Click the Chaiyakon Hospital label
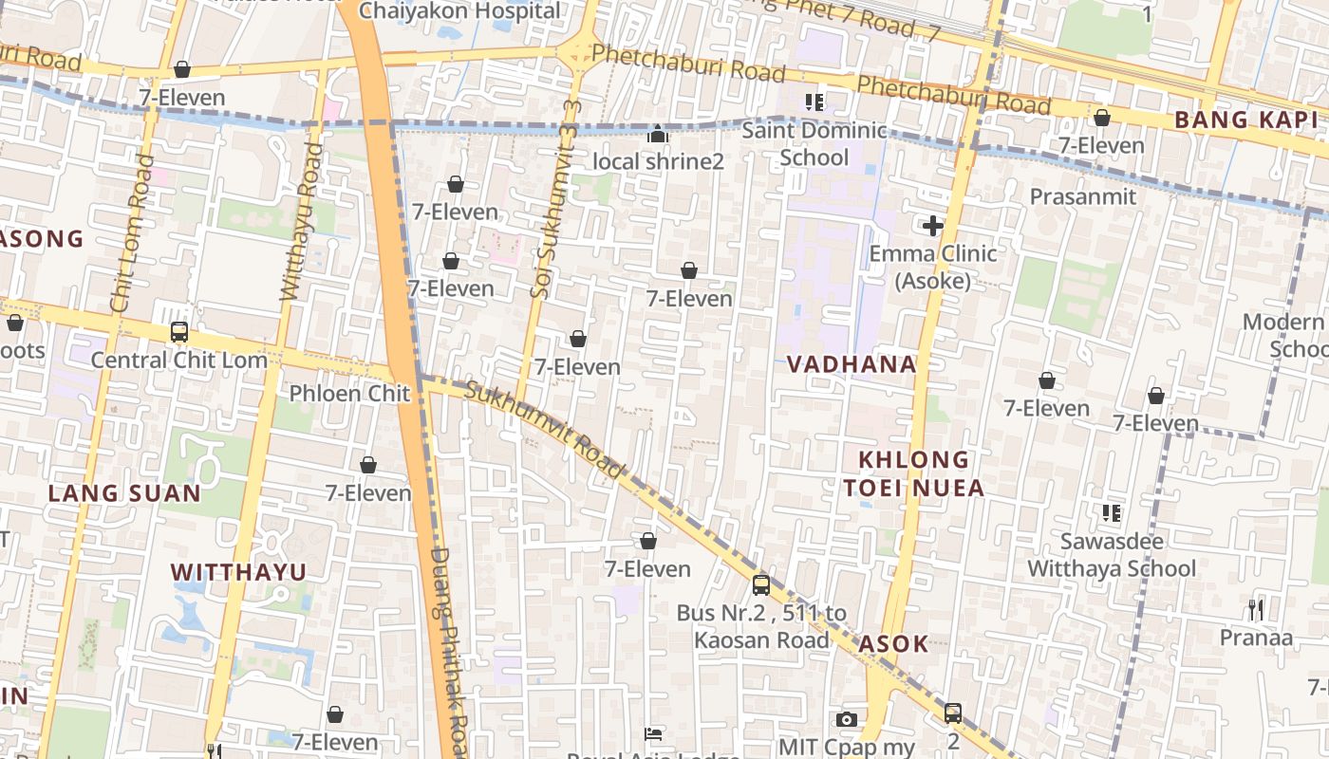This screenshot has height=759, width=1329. [460, 11]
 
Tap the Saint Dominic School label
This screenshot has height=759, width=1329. [814, 143]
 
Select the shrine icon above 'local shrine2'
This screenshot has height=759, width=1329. [657, 135]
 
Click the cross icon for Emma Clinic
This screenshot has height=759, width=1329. [932, 226]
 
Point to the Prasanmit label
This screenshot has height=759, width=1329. [1082, 196]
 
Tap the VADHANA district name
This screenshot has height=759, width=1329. [852, 364]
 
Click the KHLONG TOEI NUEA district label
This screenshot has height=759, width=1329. [914, 474]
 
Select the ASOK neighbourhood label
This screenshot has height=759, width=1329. [893, 644]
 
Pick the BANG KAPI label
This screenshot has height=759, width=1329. [1246, 120]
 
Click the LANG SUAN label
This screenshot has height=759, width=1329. [124, 493]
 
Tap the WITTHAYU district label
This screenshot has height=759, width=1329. [238, 572]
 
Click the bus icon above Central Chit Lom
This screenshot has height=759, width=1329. [178, 332]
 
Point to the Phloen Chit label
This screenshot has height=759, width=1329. [349, 394]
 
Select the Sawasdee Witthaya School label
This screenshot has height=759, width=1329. [1112, 555]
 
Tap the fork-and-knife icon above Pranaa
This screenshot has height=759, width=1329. [1256, 609]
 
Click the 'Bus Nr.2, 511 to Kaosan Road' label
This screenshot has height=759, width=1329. [761, 626]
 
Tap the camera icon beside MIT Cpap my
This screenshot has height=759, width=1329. [846, 720]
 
